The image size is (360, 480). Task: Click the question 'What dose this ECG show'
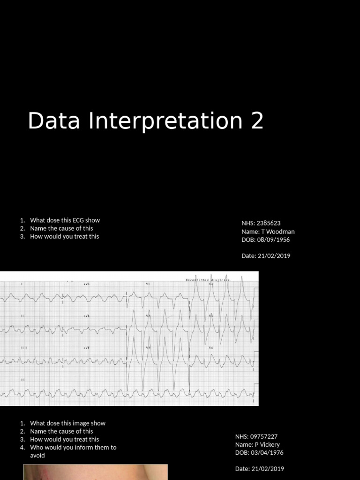pyautogui.click(x=65, y=220)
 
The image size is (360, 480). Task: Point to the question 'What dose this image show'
pyautogui.click(x=67, y=423)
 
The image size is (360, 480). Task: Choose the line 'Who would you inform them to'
pyautogui.click(x=73, y=448)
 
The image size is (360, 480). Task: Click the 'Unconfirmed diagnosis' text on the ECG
pyautogui.click(x=209, y=280)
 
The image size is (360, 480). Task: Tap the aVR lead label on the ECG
pyautogui.click(x=87, y=284)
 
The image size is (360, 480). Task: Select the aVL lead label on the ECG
pyautogui.click(x=87, y=316)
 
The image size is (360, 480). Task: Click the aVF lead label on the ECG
pyautogui.click(x=87, y=348)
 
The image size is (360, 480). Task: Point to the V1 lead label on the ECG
pyautogui.click(x=148, y=284)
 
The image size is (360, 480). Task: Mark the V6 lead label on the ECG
pyautogui.click(x=210, y=348)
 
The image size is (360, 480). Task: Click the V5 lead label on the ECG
pyautogui.click(x=210, y=316)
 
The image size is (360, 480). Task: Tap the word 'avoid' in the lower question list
pyautogui.click(x=37, y=456)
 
